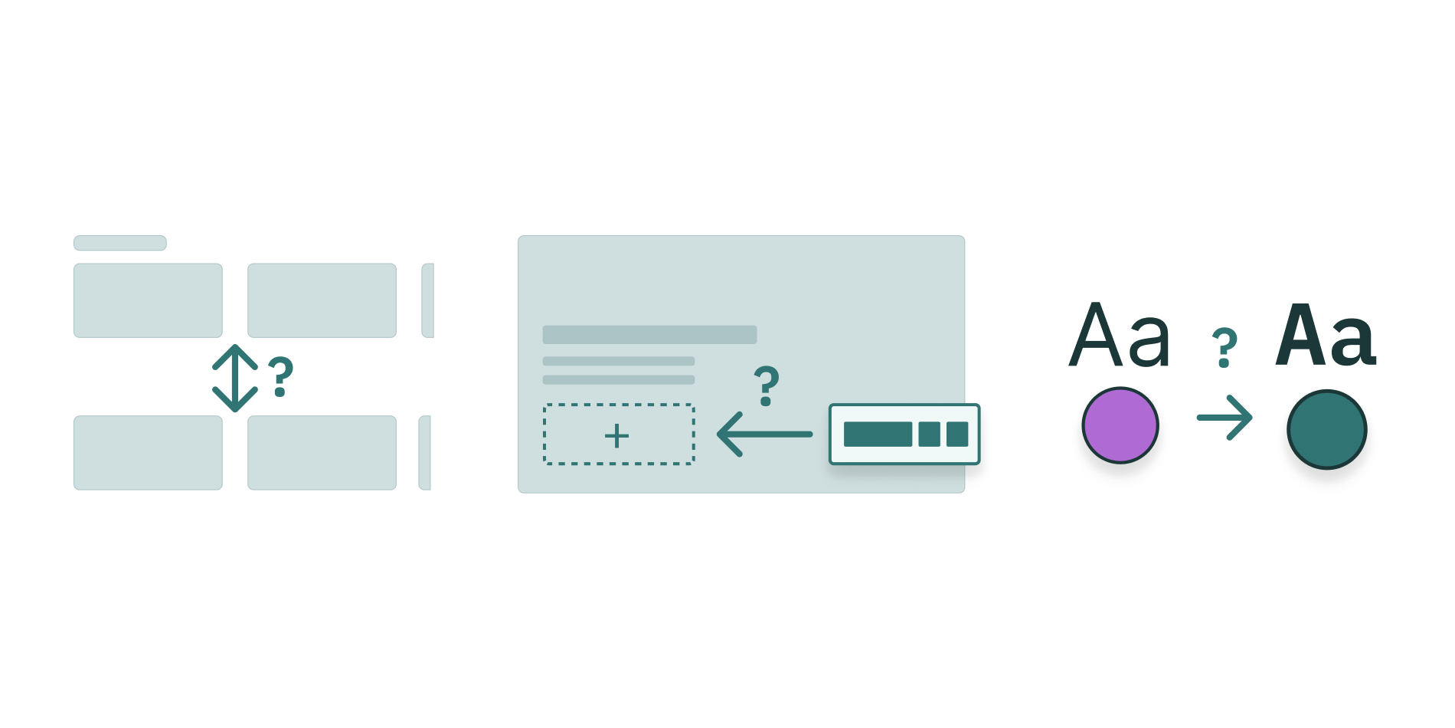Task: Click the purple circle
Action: tap(1120, 426)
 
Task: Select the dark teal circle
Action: tap(1326, 429)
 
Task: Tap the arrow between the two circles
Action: tap(1224, 418)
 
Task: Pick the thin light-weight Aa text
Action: tap(1119, 336)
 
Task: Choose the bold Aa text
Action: tap(1326, 336)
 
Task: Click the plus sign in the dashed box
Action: tap(616, 436)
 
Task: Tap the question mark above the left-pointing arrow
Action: tap(766, 385)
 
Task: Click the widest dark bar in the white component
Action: tap(878, 434)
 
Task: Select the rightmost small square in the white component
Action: tap(957, 434)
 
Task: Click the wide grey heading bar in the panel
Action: tap(649, 335)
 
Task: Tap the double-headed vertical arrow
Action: tap(234, 379)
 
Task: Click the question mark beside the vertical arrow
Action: tap(280, 376)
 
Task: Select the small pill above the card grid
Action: tap(119, 243)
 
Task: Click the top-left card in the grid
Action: tap(148, 300)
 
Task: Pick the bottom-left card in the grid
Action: tap(148, 452)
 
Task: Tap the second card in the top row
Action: tap(322, 300)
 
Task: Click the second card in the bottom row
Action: tap(322, 452)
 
